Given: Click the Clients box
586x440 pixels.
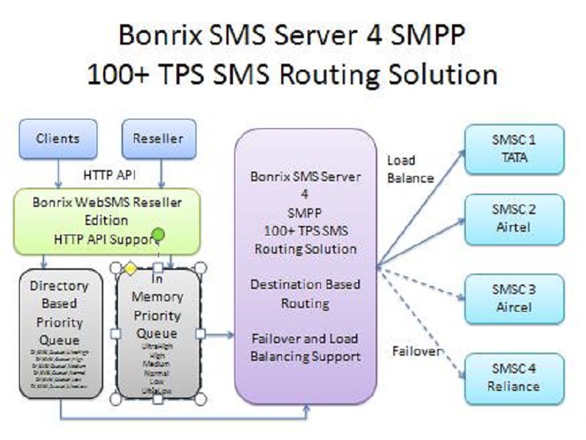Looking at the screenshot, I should point(59,139).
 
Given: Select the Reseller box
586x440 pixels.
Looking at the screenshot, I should point(157,139).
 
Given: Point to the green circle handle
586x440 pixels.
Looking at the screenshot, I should point(156,237).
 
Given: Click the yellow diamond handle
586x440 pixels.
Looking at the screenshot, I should point(130,268).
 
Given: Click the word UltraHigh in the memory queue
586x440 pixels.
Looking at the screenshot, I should point(156,345).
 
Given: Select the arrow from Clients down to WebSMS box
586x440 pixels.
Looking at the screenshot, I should point(58,175).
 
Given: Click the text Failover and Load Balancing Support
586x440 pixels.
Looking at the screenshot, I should point(305,348).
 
